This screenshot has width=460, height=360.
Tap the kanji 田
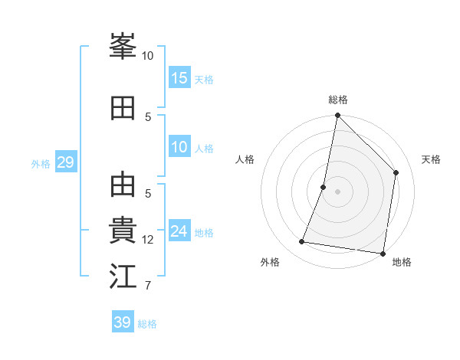(x=123, y=108)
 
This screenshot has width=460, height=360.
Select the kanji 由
(x=123, y=185)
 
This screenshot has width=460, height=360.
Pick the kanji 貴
(x=123, y=231)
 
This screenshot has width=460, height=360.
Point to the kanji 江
(x=123, y=277)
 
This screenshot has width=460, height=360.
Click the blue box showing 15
(x=179, y=78)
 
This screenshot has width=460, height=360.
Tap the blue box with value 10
(x=179, y=147)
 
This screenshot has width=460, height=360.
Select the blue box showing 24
(x=179, y=231)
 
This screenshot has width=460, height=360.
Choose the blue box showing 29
(x=65, y=162)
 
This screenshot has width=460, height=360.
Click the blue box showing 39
(x=123, y=322)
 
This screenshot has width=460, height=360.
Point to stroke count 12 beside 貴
(x=148, y=240)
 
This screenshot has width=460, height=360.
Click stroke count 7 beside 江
(x=147, y=286)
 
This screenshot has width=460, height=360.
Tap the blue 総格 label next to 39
(x=148, y=324)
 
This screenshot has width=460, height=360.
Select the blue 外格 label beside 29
(x=41, y=164)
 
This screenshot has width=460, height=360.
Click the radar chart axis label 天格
(x=431, y=159)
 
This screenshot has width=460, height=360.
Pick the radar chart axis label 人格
(x=245, y=159)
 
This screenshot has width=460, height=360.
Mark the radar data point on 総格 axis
(x=337, y=116)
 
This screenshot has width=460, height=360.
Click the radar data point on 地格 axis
(x=383, y=254)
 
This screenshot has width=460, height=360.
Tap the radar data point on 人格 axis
(x=324, y=187)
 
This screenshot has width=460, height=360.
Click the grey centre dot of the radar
(x=337, y=191)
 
